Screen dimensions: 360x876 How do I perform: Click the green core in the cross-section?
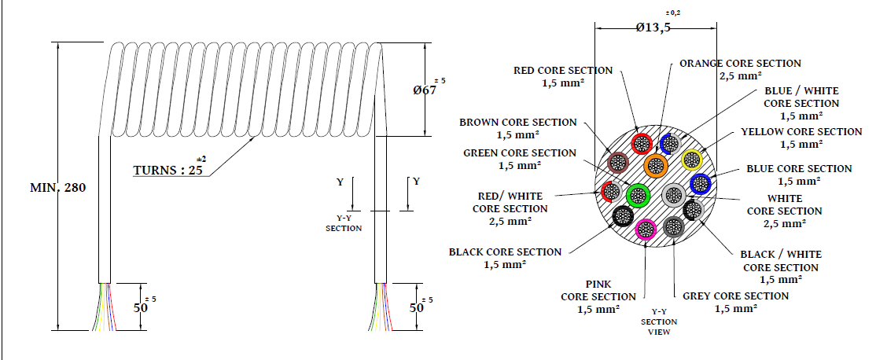(638, 194)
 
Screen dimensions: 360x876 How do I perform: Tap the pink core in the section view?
(646, 230)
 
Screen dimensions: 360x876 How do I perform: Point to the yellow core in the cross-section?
(691, 160)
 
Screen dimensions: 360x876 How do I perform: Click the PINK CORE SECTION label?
(598, 296)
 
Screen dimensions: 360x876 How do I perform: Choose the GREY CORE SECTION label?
(735, 302)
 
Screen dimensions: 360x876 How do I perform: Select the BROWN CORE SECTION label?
(518, 128)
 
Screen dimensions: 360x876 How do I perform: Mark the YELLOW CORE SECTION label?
(801, 138)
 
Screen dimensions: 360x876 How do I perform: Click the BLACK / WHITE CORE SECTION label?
(781, 266)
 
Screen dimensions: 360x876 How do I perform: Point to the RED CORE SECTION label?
(563, 76)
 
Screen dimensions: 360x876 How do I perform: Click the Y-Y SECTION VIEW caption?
(658, 321)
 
